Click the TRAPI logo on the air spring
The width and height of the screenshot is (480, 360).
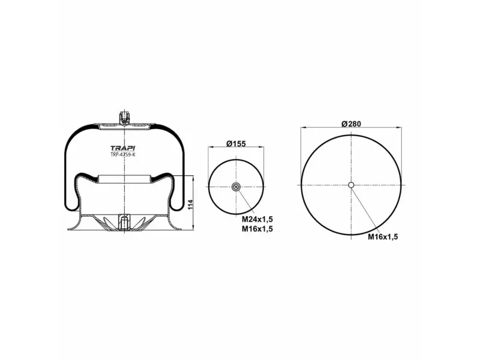click(123, 148)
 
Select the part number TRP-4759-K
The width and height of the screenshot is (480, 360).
click(123, 155)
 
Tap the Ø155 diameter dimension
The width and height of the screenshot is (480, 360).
click(236, 143)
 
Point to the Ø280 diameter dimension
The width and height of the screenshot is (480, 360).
click(351, 124)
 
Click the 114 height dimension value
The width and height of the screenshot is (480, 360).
click(191, 205)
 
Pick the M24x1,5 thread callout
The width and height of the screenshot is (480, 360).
click(257, 219)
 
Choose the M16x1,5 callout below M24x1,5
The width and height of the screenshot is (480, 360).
click(257, 229)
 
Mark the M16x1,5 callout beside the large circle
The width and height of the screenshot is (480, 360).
click(383, 236)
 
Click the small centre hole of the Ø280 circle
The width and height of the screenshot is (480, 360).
click(351, 185)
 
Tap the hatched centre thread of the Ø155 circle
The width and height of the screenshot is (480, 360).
click(236, 187)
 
